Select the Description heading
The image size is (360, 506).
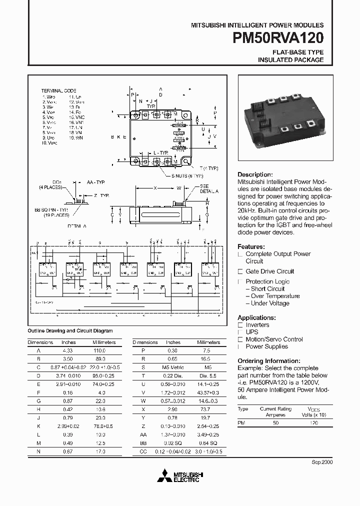(255, 174)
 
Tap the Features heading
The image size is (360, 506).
(251, 246)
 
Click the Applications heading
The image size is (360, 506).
(256, 317)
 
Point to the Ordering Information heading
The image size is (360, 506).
(268, 360)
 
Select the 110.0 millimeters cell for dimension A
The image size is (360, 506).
(100, 351)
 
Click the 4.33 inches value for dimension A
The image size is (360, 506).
(69, 351)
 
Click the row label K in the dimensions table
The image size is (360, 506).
(39, 426)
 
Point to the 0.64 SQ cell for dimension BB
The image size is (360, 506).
(207, 443)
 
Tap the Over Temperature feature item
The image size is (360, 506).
(275, 296)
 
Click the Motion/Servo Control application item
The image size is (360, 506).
(274, 339)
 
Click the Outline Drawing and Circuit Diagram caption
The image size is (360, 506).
(70, 330)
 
